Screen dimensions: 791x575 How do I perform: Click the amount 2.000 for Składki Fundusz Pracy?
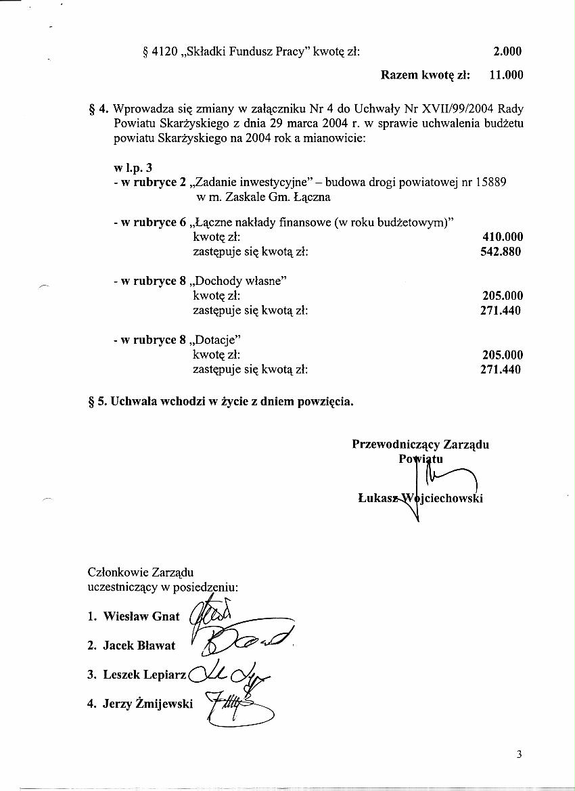507,51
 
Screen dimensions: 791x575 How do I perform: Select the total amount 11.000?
506,75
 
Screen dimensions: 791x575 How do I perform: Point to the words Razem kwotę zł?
425,75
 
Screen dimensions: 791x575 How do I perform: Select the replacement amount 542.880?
501,252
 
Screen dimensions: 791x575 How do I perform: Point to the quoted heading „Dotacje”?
216,340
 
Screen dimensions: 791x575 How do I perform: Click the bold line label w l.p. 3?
133,168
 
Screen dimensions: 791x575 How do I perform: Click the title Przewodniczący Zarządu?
420,445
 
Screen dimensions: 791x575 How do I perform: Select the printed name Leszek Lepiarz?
145,675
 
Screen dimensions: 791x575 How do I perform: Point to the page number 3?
519,754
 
